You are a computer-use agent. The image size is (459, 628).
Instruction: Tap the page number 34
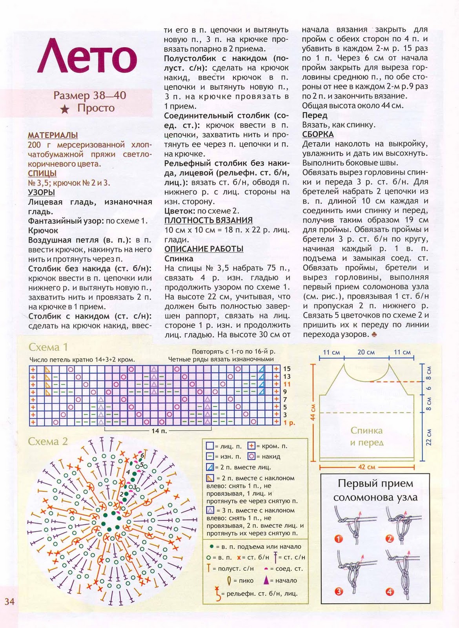(x=9, y=601)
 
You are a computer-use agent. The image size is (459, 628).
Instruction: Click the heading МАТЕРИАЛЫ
(x=53, y=135)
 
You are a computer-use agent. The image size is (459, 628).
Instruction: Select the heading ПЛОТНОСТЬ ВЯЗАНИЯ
(x=208, y=221)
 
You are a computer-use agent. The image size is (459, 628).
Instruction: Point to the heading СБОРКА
(x=318, y=135)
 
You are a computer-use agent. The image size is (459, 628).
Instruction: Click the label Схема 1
(x=48, y=347)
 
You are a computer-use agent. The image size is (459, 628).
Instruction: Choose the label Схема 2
(x=48, y=442)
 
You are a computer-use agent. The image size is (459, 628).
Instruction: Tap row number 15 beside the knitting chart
(x=287, y=369)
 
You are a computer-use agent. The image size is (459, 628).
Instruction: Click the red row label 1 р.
(x=289, y=423)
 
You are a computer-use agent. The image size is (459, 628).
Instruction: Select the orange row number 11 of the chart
(x=287, y=384)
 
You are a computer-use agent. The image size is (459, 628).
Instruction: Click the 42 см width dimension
(x=366, y=467)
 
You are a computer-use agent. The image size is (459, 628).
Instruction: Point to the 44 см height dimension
(x=313, y=412)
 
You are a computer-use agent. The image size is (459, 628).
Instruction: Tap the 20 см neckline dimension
(x=366, y=352)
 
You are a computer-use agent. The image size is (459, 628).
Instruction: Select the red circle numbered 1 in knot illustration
(x=338, y=539)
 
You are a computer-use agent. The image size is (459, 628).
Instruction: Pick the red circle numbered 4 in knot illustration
(x=390, y=592)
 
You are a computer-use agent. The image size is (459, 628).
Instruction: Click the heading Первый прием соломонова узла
(x=375, y=490)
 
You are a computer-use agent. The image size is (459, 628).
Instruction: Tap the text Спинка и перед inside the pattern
(x=366, y=436)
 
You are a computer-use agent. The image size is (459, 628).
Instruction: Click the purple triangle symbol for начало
(x=266, y=580)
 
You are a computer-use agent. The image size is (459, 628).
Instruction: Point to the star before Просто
(x=65, y=109)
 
